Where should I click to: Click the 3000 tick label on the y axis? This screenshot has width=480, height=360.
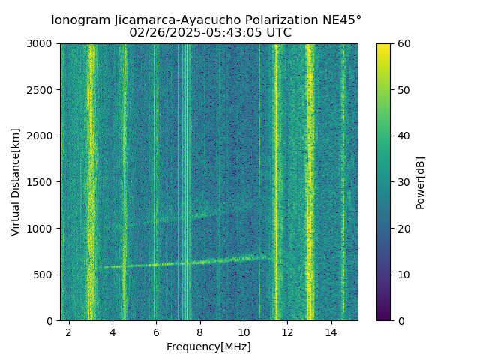[43, 44]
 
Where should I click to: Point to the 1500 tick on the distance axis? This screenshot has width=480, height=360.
[43, 182]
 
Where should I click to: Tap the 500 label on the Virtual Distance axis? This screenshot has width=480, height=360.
[46, 274]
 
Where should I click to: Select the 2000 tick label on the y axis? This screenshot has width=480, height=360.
[43, 136]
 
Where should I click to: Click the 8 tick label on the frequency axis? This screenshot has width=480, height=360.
[199, 331]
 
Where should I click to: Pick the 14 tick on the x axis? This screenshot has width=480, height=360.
[331, 331]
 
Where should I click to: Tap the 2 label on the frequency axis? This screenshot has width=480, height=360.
[69, 331]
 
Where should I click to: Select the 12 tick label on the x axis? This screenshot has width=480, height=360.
[287, 331]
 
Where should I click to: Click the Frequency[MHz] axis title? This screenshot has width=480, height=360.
[208, 346]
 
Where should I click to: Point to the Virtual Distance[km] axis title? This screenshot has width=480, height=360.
[16, 182]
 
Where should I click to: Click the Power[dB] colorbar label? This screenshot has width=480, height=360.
[421, 182]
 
